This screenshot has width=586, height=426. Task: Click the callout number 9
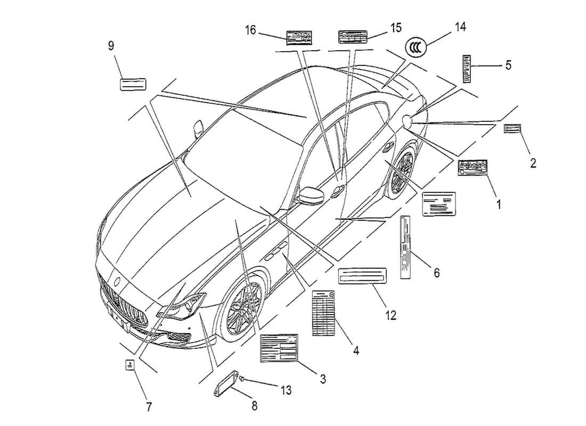click(x=111, y=46)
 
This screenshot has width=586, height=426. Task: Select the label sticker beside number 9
click(x=132, y=84)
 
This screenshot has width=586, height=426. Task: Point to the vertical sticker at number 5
click(x=467, y=68)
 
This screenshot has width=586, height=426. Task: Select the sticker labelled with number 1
click(x=473, y=168)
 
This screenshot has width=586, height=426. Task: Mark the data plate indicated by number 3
click(x=279, y=349)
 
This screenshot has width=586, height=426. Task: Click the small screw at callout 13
click(x=242, y=378)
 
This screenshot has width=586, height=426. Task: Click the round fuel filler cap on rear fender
click(x=409, y=121)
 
